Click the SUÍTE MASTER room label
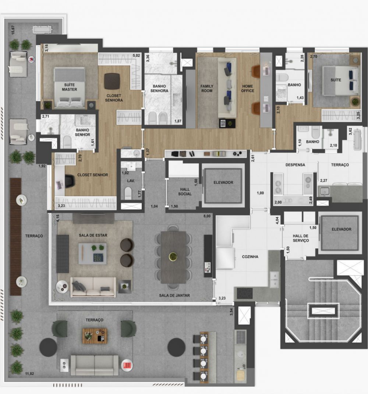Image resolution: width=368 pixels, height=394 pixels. point(69,87)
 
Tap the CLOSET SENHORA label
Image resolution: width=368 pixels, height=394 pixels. point(114,98)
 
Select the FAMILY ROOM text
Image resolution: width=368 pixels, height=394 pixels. point(207,88)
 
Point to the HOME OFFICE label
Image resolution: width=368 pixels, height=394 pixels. point(248,88)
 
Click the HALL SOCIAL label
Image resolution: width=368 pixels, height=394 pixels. point(185,191)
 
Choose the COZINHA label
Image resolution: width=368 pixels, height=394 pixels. point(250,257)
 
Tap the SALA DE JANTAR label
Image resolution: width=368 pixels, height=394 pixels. point(174,295)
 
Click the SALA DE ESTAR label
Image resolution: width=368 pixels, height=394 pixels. point(93,235)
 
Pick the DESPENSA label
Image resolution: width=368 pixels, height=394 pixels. point(296,165)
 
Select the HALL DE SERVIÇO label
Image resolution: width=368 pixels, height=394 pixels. point(301,238)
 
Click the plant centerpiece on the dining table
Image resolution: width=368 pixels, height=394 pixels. point(172,256)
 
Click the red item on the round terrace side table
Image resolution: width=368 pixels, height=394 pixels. point(127,365)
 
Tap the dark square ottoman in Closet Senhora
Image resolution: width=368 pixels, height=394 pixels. point(112,81)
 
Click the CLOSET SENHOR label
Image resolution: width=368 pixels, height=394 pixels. point(92,175)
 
